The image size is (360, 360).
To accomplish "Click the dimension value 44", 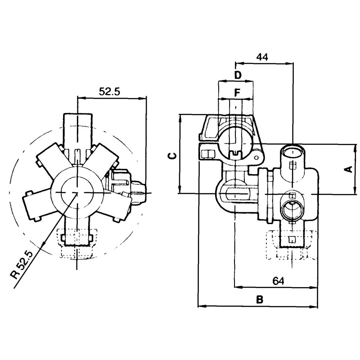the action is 262,57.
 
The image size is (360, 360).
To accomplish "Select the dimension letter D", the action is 238,75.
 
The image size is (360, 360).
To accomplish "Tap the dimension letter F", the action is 237,93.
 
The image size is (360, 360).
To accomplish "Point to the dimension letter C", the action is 173,156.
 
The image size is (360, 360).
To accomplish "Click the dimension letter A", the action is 349,169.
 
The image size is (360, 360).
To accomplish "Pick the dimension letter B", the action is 260,300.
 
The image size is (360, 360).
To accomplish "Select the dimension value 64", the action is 278,280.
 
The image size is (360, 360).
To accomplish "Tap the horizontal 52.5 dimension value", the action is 109,92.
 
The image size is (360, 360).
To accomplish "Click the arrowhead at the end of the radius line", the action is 42,246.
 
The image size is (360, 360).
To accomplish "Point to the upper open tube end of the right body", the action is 292,152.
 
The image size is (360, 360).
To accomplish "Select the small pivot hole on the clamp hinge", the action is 256,157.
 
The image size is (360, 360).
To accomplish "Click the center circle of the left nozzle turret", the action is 77,193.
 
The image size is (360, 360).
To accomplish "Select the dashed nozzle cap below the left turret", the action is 76,243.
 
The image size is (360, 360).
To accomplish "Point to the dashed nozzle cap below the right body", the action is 292,244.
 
